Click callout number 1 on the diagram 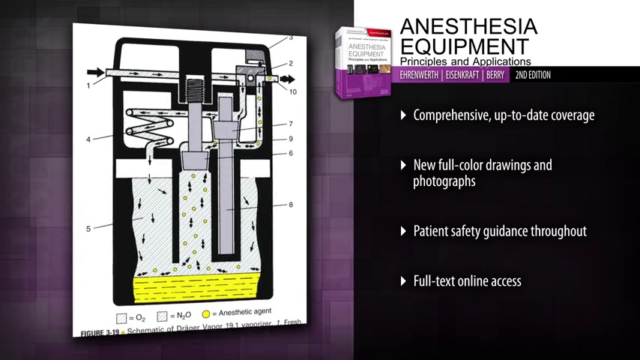88,86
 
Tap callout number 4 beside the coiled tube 88,139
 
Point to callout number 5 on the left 88,229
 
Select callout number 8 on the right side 291,205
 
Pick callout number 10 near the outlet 293,91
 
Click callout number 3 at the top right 291,37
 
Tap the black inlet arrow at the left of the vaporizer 95,73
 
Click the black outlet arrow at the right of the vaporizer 287,79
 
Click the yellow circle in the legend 206,313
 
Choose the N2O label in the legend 181,316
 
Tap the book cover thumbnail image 363,61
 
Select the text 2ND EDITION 533,75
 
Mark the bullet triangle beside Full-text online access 405,281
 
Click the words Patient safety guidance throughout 500,231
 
